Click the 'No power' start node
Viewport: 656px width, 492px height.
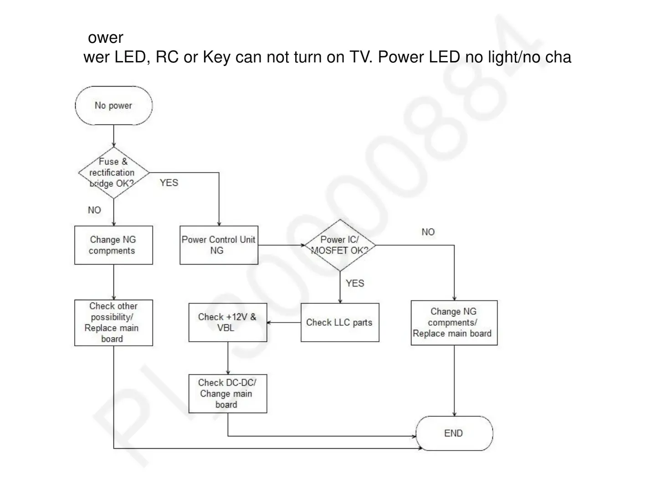coord(113,106)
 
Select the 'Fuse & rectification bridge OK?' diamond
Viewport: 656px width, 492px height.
coord(113,173)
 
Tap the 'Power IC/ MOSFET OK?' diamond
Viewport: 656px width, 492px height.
coord(340,245)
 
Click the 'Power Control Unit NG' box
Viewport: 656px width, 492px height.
coord(219,245)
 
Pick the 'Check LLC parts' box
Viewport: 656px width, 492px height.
coord(340,323)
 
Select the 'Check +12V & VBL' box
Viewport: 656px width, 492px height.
coord(228,323)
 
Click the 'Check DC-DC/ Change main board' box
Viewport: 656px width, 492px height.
coord(228,394)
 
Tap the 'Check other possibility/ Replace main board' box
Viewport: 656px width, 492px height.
coord(113,323)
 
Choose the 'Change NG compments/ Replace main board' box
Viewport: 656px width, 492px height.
coord(454,323)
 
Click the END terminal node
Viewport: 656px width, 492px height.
coord(454,433)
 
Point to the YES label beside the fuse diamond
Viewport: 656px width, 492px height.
coord(169,183)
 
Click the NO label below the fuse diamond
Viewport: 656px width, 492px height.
coord(94,210)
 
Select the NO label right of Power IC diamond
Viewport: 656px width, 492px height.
coord(428,232)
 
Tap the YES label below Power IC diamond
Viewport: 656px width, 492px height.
coord(355,283)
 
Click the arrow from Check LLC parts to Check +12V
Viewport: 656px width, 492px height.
coord(284,323)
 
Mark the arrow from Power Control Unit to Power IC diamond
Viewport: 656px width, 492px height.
coord(281,245)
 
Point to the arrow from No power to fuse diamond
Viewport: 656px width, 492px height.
coord(113,136)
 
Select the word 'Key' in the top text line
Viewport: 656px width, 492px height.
coord(216,57)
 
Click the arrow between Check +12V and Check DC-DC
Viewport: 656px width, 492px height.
coord(228,358)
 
